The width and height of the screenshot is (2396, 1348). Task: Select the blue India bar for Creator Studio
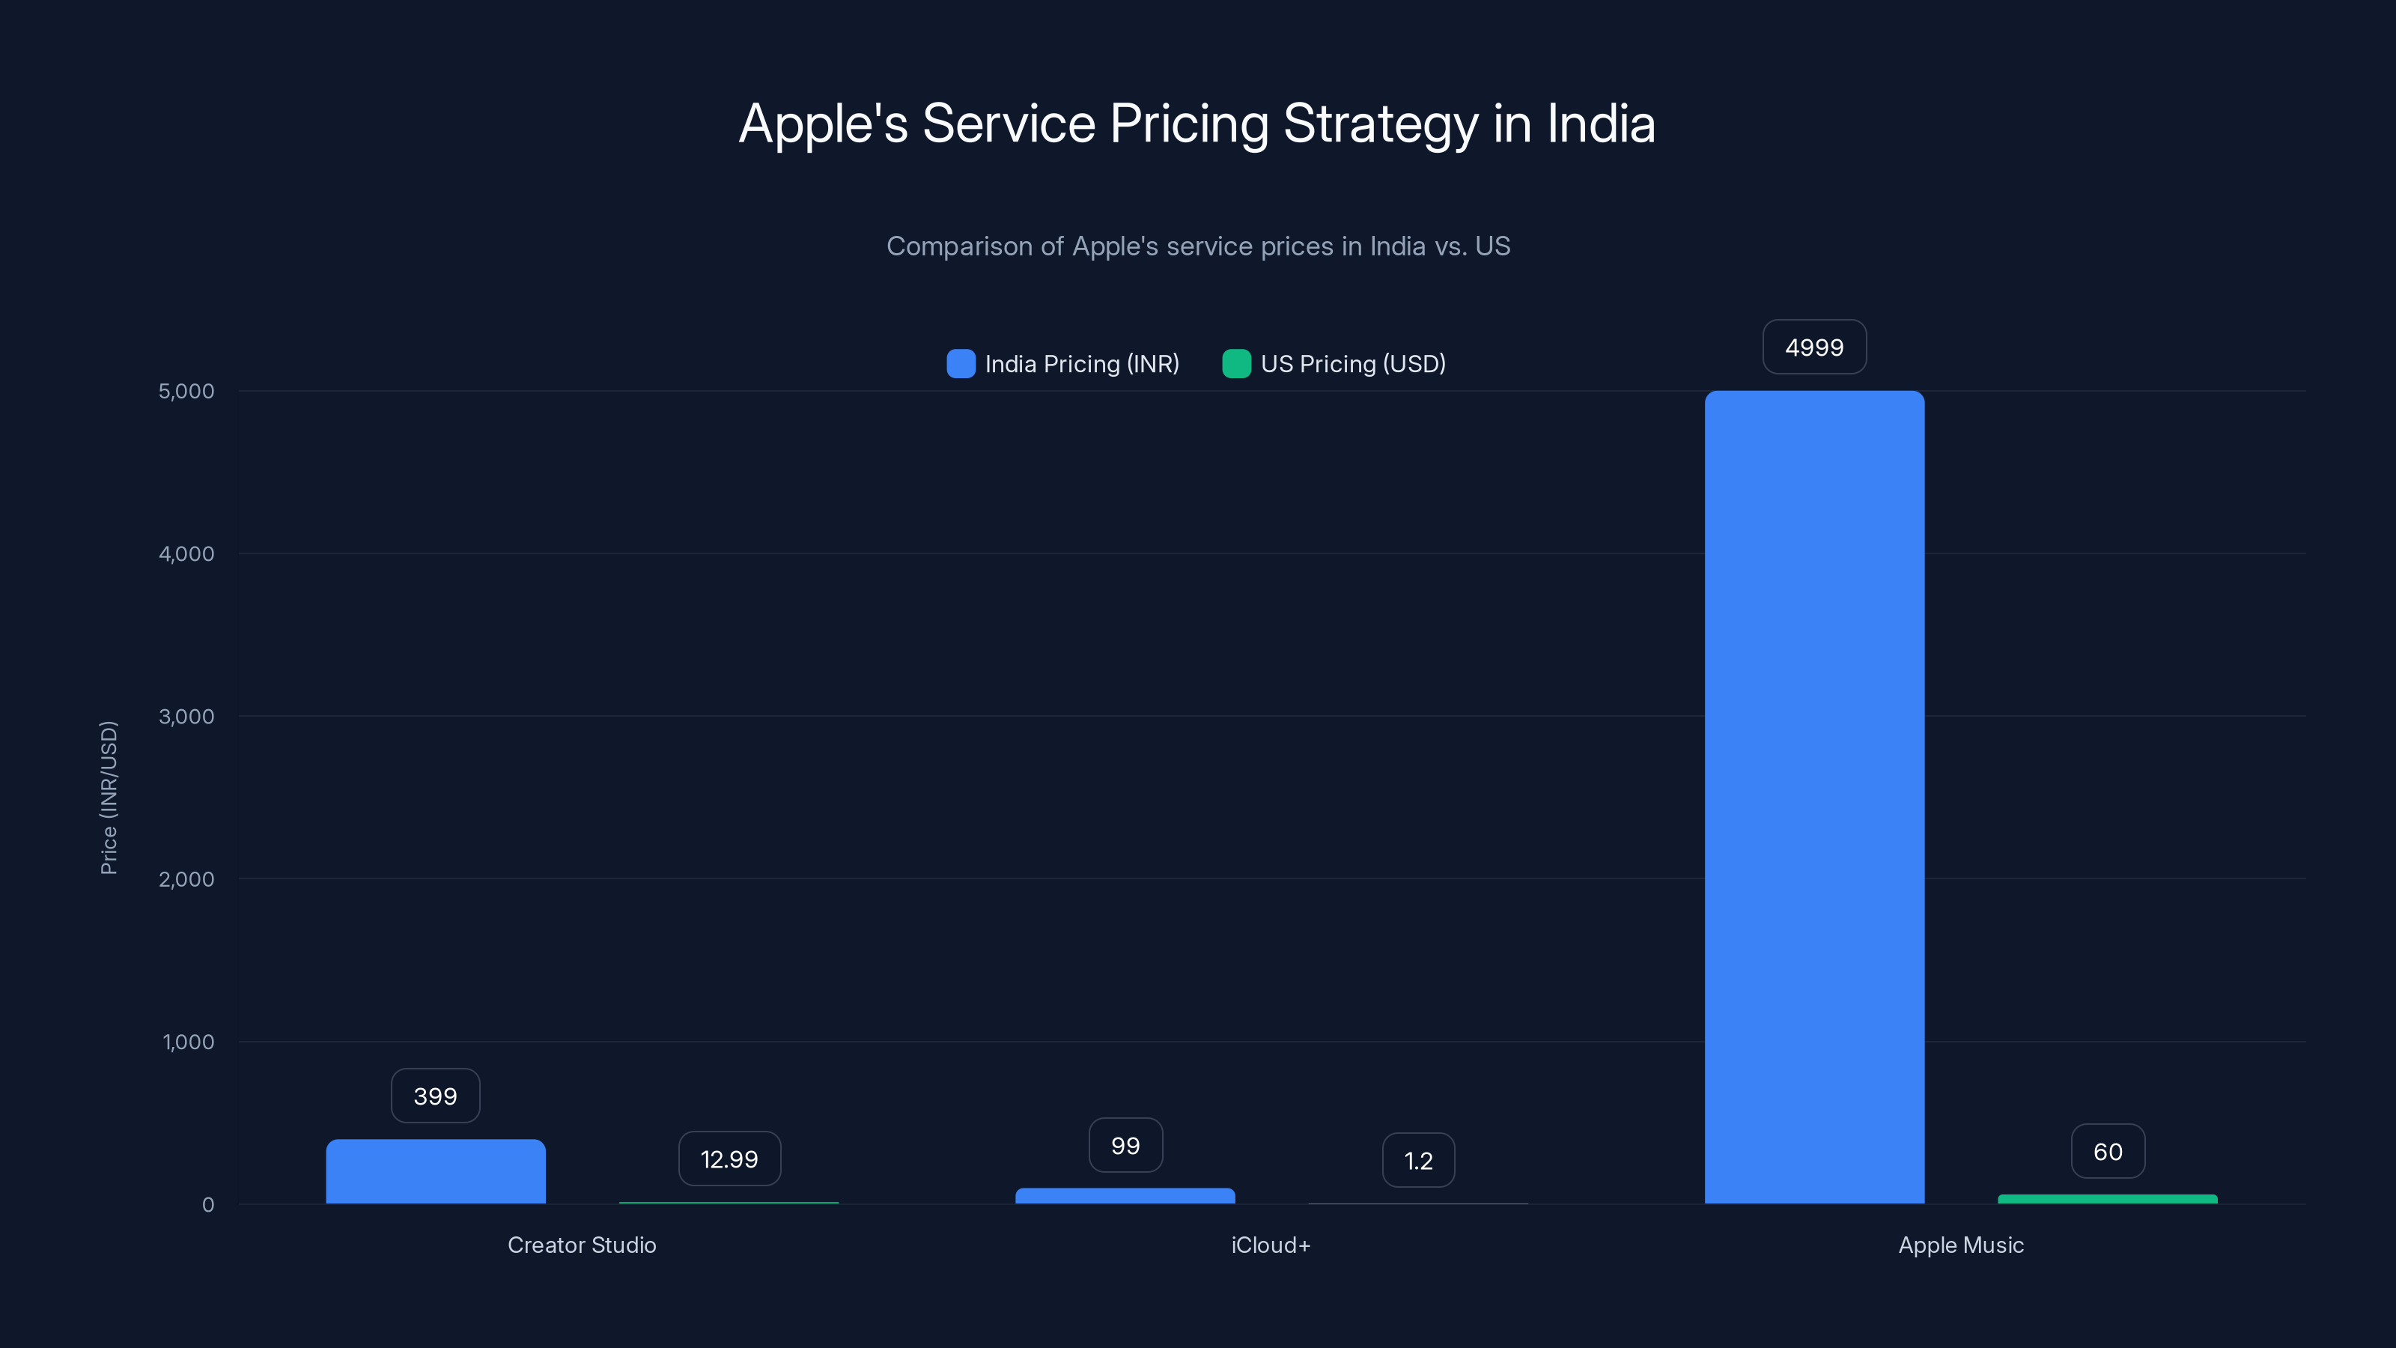[x=435, y=1171]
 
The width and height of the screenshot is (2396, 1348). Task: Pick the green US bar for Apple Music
[x=2107, y=1199]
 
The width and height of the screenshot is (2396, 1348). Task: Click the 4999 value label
[x=1813, y=347]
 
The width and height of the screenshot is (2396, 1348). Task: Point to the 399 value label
[x=435, y=1096]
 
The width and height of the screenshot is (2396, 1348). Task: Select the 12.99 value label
[x=729, y=1159]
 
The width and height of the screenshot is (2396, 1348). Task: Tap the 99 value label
[x=1125, y=1145]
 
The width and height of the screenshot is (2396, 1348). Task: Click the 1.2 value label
[x=1417, y=1160]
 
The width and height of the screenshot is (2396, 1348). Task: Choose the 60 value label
[x=2108, y=1152]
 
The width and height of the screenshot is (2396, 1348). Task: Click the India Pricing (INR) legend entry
[x=1063, y=364]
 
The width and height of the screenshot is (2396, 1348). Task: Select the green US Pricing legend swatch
[x=1236, y=364]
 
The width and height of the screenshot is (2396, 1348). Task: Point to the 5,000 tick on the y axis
[x=186, y=391]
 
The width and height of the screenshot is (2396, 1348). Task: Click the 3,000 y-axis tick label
[x=186, y=717]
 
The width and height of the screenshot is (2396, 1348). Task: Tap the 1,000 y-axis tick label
[x=188, y=1042]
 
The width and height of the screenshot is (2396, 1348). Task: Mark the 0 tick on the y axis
[x=208, y=1205]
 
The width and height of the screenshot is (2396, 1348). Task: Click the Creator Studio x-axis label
[x=581, y=1245]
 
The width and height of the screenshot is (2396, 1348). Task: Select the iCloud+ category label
[x=1271, y=1245]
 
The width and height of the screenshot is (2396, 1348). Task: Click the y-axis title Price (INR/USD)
[x=109, y=798]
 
